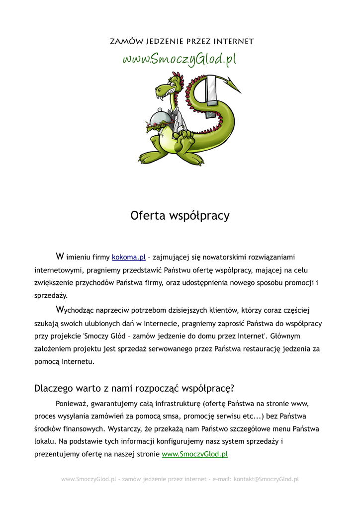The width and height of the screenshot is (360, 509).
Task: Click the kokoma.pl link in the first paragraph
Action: coord(128,257)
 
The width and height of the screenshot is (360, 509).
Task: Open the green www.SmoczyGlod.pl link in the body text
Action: coord(194,454)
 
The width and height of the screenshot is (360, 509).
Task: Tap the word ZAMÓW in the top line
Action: coord(125,41)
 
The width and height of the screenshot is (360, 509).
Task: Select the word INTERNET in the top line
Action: coord(234,41)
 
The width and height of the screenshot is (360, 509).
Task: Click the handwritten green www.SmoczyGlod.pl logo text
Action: coord(180,59)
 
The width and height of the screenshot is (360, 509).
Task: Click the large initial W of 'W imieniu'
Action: coord(60,256)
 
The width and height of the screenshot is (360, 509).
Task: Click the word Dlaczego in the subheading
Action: coord(53,388)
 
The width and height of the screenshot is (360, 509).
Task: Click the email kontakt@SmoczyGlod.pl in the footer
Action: coord(266,479)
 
